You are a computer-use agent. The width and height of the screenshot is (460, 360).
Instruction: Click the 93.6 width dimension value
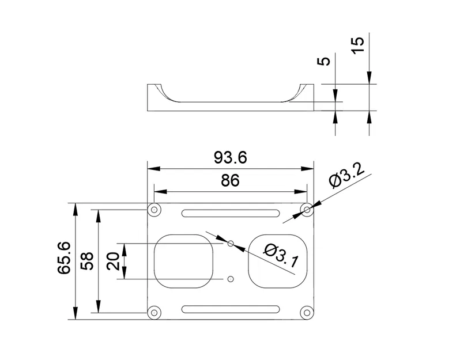coord(230,157)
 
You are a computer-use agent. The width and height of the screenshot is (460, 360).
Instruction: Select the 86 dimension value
coord(230,181)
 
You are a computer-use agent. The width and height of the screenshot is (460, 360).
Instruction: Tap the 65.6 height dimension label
coord(64,257)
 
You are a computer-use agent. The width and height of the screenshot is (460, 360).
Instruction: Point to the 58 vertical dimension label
coord(88,261)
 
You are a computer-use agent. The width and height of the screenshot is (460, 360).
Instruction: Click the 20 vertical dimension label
coord(113,261)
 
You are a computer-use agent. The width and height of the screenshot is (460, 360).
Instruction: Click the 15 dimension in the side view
coord(358,45)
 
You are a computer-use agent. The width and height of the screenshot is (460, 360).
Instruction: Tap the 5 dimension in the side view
coord(325,61)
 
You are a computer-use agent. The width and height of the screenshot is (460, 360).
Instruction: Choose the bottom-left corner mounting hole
coord(154,312)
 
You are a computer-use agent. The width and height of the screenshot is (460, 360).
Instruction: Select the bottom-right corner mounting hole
coord(308,312)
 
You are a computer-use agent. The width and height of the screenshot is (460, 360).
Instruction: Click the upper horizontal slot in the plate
coord(231,214)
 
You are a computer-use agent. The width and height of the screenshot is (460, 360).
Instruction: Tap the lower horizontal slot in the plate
coord(231,309)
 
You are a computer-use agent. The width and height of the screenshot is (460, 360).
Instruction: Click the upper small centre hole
coord(231,244)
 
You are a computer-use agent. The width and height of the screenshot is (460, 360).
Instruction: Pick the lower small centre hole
coord(231,279)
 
